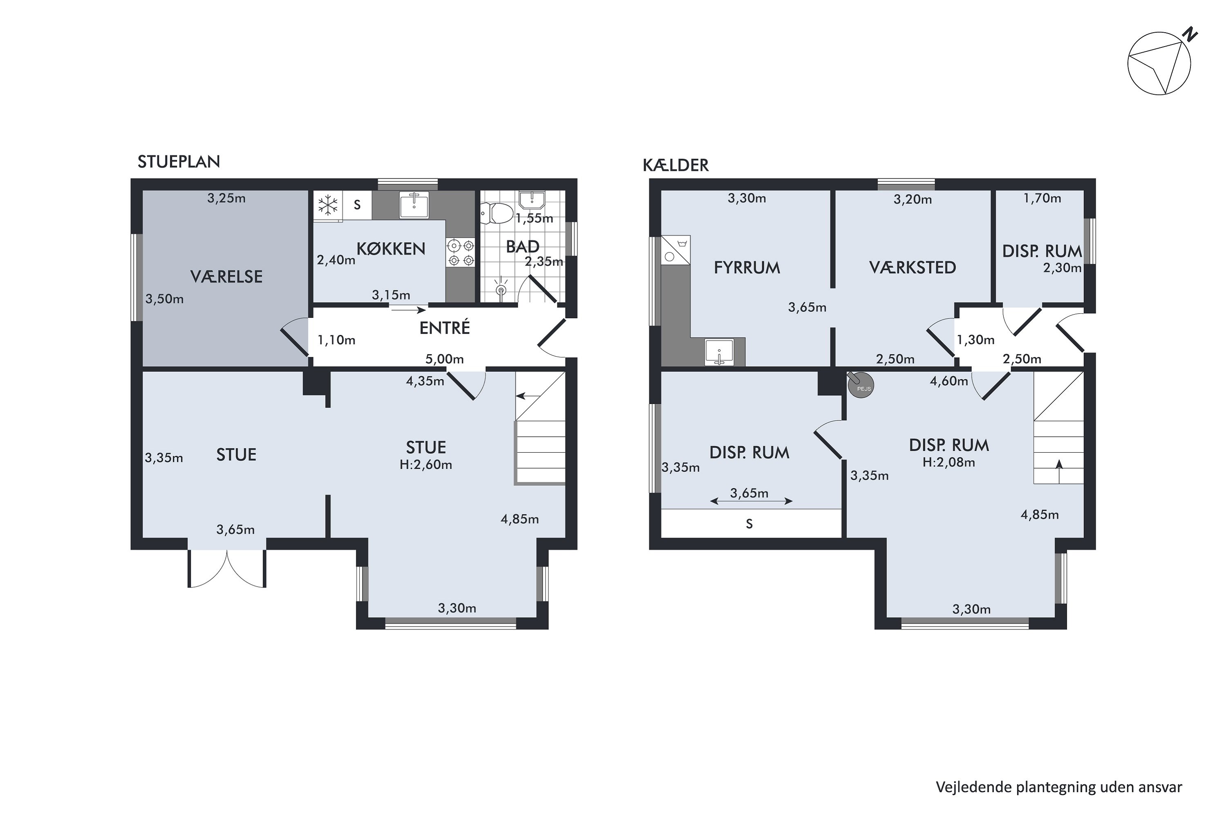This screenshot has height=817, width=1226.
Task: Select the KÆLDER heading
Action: [676, 165]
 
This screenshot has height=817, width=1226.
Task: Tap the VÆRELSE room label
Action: [226, 276]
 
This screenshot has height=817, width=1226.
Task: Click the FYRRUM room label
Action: [747, 268]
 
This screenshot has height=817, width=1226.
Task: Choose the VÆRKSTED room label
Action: [913, 268]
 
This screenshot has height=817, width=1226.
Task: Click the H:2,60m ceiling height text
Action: [426, 465]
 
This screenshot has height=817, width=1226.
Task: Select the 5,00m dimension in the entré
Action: [445, 359]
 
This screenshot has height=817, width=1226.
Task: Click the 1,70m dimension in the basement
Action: [1042, 198]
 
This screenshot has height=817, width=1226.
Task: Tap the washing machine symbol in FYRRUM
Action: [676, 250]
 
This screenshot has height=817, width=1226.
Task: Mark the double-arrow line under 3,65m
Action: [751, 501]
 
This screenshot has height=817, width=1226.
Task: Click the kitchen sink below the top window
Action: [414, 204]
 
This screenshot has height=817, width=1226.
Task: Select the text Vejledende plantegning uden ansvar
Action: [1059, 787]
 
